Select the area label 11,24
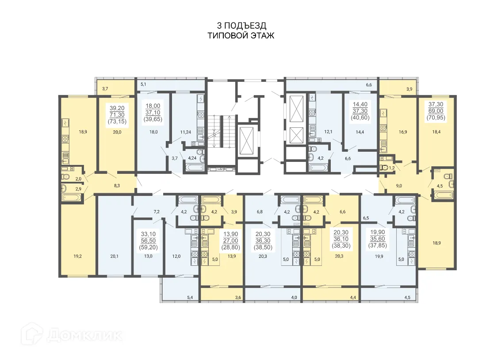tap(186, 132)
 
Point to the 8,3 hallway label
tap(117, 186)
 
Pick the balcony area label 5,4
tap(190, 298)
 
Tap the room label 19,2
tap(78, 256)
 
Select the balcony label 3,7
tap(105, 89)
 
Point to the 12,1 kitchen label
tap(328, 132)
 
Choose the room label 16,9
tap(403, 132)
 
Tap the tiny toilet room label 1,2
tap(392, 168)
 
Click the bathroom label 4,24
tap(192, 158)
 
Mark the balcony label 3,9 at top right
tap(409, 89)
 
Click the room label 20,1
tap(114, 256)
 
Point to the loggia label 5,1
tap(143, 84)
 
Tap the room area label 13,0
tap(148, 256)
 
